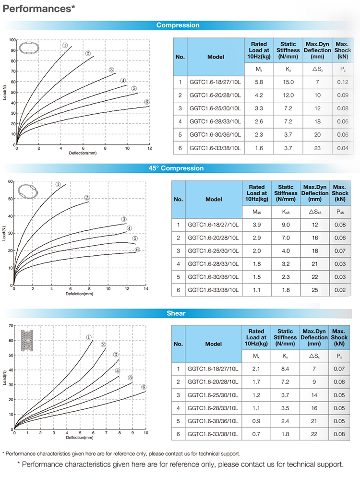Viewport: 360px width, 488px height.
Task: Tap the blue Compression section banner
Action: click(178, 25)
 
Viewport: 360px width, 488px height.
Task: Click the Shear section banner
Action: click(176, 313)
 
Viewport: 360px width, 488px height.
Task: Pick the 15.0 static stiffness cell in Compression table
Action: click(288, 82)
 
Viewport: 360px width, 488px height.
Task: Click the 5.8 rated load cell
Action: click(259, 82)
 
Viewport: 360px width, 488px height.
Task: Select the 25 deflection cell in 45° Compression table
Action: click(315, 290)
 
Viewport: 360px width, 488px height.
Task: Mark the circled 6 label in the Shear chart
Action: click(143, 387)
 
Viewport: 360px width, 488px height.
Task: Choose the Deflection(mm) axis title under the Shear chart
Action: click(79, 438)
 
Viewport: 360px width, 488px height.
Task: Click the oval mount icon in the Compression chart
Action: click(28, 48)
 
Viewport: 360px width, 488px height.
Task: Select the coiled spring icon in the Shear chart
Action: click(28, 341)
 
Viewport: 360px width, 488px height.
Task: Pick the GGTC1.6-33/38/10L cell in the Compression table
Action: click(215, 149)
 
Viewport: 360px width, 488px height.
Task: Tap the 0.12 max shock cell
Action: click(343, 82)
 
